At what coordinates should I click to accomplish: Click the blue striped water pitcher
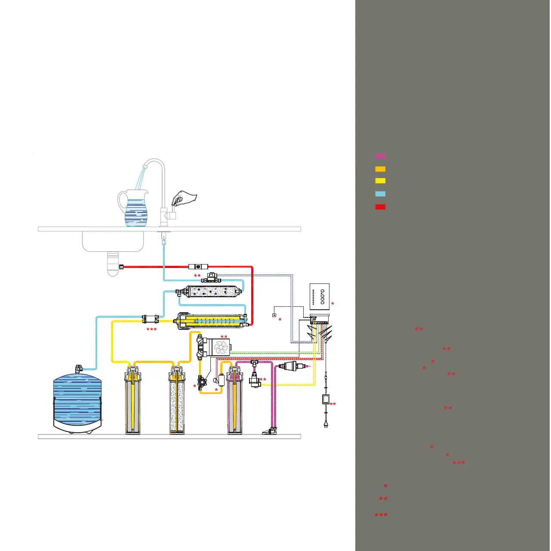(x=135, y=211)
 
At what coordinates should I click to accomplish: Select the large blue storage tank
(x=77, y=402)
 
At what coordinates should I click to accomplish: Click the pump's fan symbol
(x=221, y=347)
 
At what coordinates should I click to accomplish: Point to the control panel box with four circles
(x=320, y=296)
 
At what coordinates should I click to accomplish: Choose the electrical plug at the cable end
(x=326, y=424)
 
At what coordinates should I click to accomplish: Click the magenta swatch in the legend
(x=380, y=156)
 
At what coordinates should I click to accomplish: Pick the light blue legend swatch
(x=380, y=194)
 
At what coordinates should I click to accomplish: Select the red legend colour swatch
(x=380, y=207)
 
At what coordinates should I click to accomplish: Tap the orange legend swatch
(x=380, y=169)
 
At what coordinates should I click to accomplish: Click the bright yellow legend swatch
(x=380, y=181)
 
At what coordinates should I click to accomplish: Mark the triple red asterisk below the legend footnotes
(x=381, y=515)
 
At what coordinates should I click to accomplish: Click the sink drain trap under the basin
(x=113, y=263)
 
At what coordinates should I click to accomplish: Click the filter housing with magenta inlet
(x=234, y=400)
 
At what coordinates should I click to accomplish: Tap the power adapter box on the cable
(x=326, y=399)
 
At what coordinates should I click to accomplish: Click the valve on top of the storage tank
(x=79, y=369)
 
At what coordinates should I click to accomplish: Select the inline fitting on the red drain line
(x=198, y=267)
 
